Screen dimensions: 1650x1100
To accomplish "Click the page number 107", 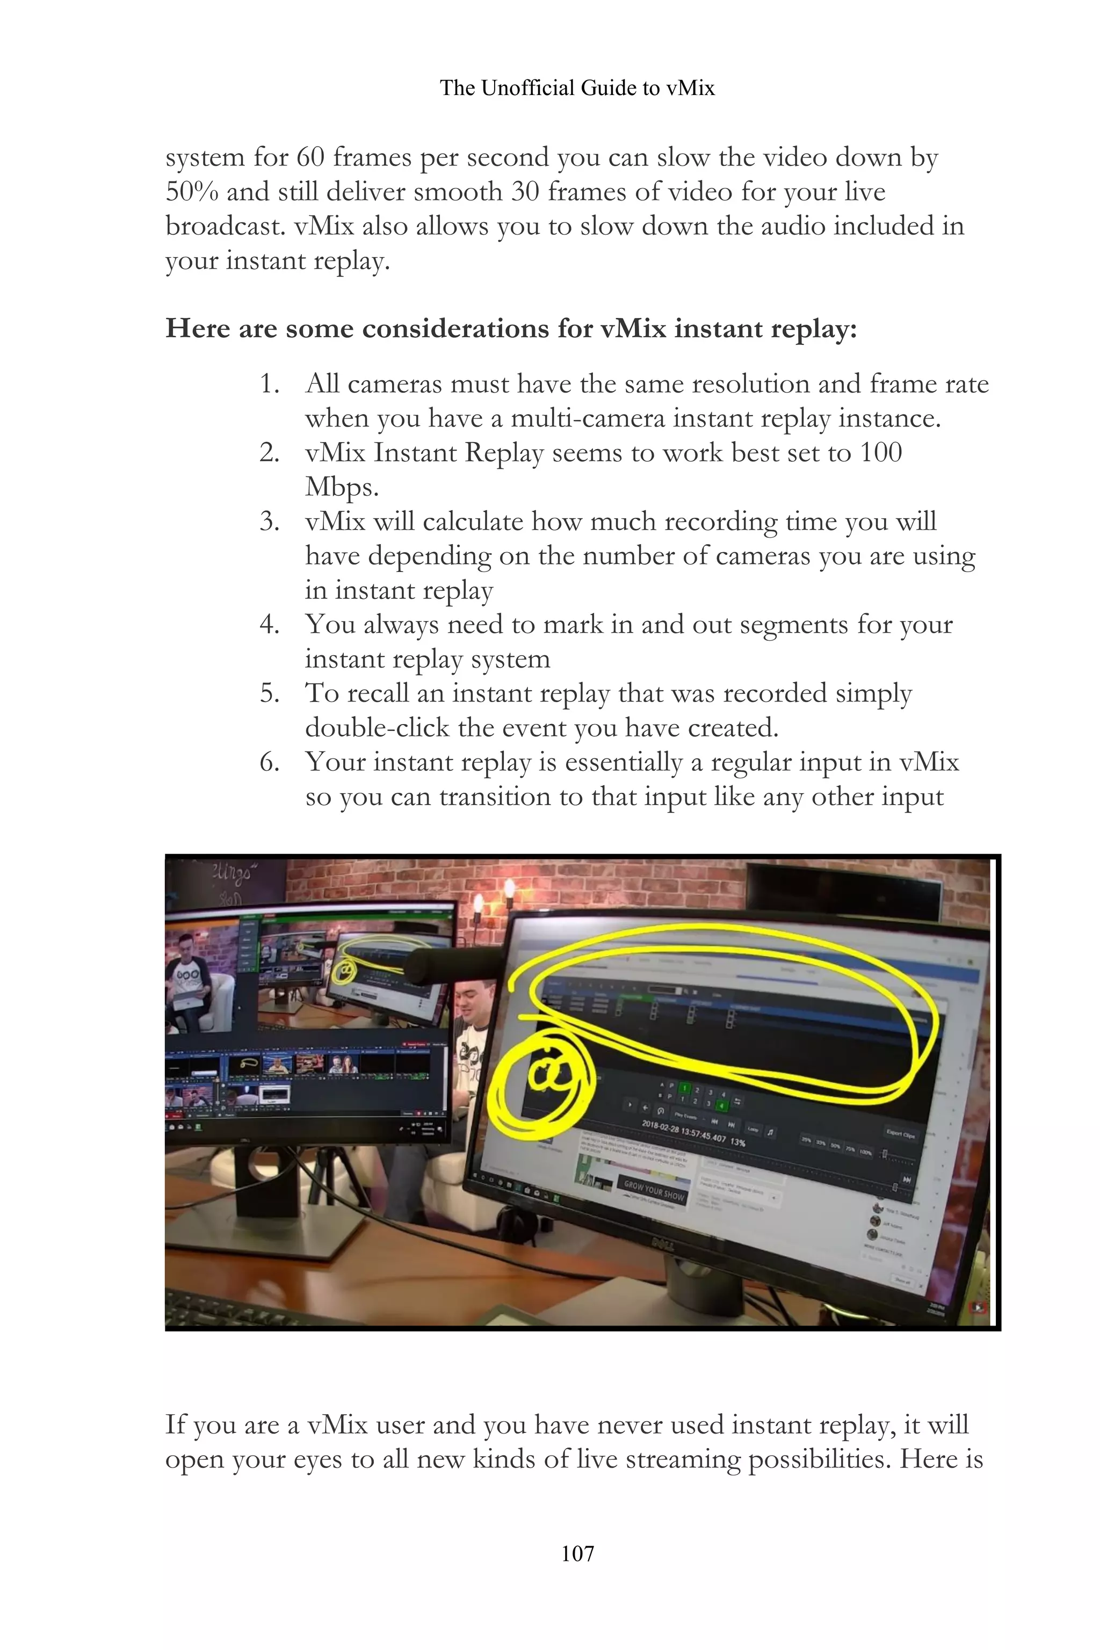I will coord(577,1553).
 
